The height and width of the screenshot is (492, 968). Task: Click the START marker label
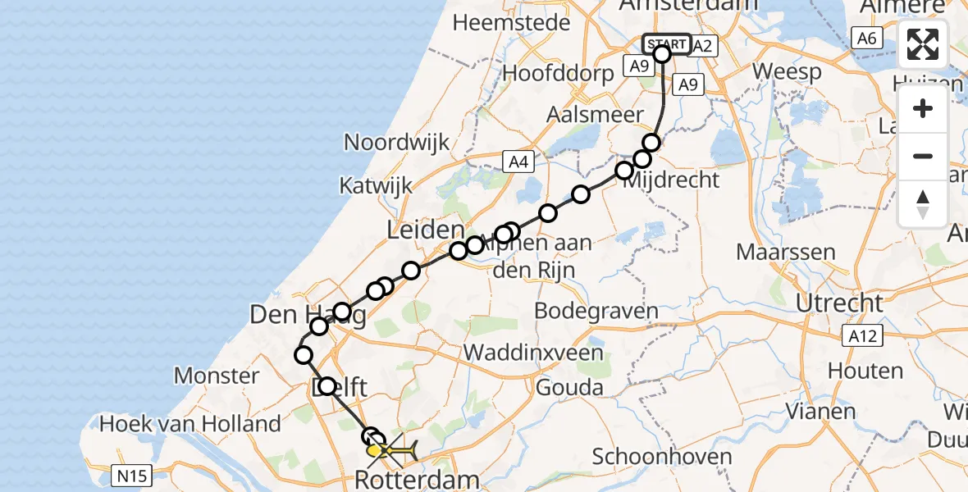[x=666, y=44]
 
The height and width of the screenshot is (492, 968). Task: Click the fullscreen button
[x=923, y=45]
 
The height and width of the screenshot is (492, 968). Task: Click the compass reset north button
[x=923, y=203]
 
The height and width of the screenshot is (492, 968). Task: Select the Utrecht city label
[x=839, y=303]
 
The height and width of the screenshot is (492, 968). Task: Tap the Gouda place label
[x=568, y=387]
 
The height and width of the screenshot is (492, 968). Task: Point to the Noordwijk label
[x=396, y=142]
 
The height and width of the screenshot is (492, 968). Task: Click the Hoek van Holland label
[x=189, y=424]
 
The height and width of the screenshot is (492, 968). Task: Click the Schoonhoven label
[x=651, y=457]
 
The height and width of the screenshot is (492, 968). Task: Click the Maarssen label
[x=786, y=252]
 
